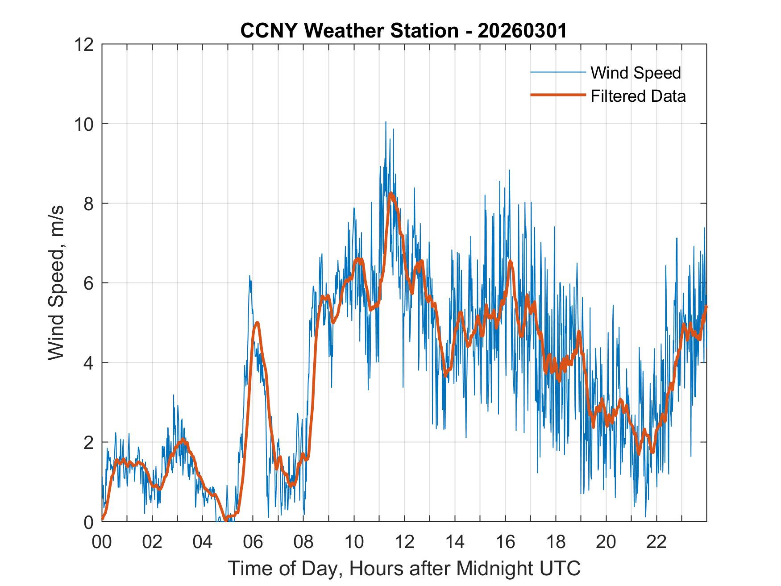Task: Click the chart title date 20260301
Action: (x=522, y=31)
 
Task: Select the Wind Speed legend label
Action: (x=636, y=73)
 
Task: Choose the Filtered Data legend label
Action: (x=638, y=96)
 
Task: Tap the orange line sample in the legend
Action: (x=557, y=95)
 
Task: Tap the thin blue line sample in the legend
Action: (x=557, y=72)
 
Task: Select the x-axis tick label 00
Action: (x=102, y=542)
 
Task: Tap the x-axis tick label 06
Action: (x=253, y=542)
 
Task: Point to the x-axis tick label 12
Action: (x=404, y=542)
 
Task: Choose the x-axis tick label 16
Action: (x=505, y=542)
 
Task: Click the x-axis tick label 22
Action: (x=656, y=542)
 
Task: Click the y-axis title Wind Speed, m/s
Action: (x=56, y=283)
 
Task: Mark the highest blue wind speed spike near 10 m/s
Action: (x=386, y=122)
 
